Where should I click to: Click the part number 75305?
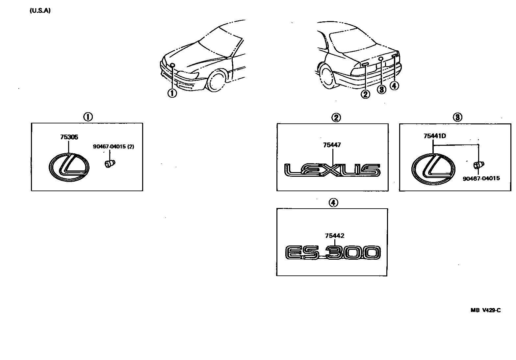[x=69, y=137]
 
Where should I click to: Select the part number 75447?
[x=332, y=145]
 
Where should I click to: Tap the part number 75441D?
[x=435, y=136]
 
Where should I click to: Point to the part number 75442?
[x=334, y=236]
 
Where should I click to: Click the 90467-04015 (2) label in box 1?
[x=114, y=146]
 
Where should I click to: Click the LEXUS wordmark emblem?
[x=332, y=170]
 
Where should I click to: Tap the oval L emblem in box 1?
[x=69, y=167]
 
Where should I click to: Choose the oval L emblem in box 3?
[x=434, y=169]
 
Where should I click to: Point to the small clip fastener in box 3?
[x=477, y=165]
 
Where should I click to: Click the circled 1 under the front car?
[x=172, y=93]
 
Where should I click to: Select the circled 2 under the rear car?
[x=365, y=94]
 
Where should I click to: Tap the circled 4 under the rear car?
[x=394, y=86]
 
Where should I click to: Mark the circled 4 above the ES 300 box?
[x=333, y=203]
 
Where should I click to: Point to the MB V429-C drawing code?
[x=485, y=310]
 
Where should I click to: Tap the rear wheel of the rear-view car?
[x=327, y=78]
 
